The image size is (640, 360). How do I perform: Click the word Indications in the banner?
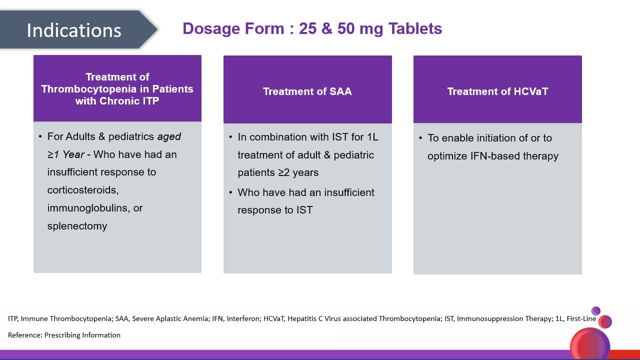(x=74, y=30)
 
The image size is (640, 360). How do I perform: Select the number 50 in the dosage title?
(x=346, y=28)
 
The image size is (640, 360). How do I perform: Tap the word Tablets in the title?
(x=415, y=28)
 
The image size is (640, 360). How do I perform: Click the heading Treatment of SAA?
(x=307, y=91)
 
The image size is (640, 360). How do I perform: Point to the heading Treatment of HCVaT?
(x=497, y=91)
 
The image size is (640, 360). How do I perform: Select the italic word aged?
(x=169, y=137)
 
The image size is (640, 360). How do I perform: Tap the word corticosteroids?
(x=83, y=190)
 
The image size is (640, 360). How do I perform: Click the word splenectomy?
(x=77, y=226)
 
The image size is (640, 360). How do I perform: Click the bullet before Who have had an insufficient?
(x=230, y=192)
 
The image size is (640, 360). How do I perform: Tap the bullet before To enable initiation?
(x=420, y=138)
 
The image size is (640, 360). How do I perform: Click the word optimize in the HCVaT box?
(x=447, y=156)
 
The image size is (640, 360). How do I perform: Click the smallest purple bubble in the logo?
(x=595, y=311)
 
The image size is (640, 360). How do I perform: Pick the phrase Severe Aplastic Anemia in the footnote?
(x=170, y=318)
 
